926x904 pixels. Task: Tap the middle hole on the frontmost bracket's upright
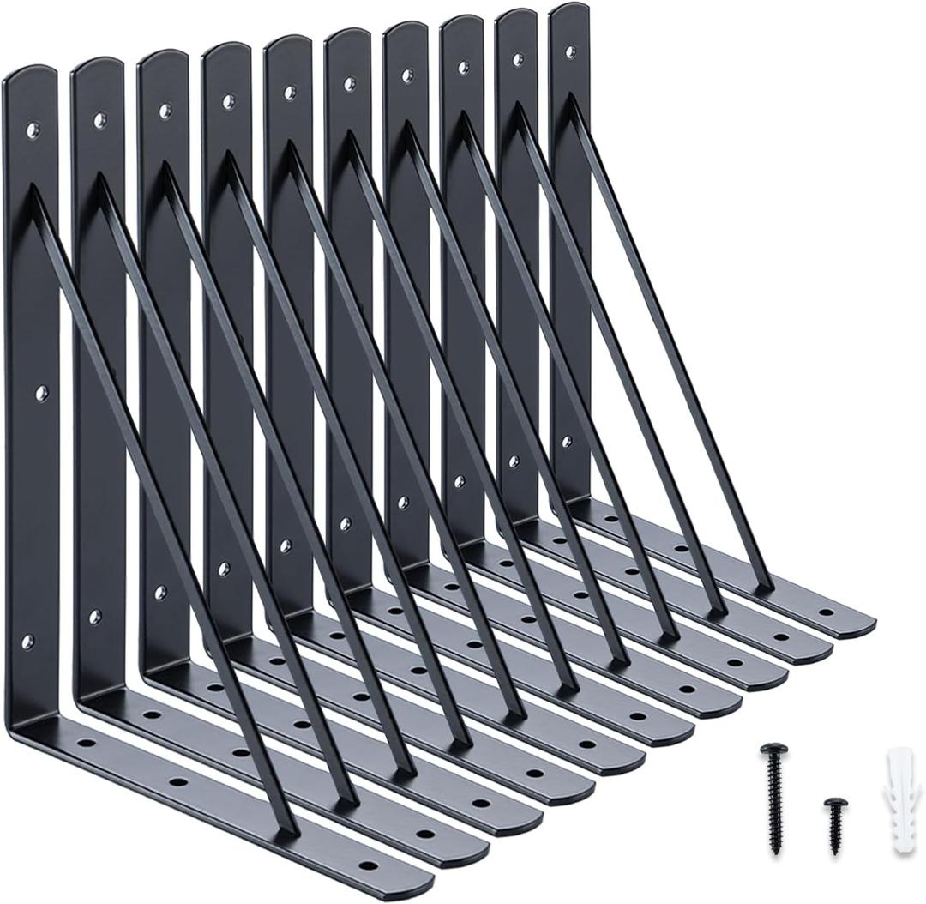coord(40,393)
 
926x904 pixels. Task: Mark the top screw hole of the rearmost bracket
coord(570,52)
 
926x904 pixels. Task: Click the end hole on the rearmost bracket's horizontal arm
coord(827,612)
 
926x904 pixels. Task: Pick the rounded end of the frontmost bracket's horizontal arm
coord(420,879)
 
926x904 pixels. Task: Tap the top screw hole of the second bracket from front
coord(99,119)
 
